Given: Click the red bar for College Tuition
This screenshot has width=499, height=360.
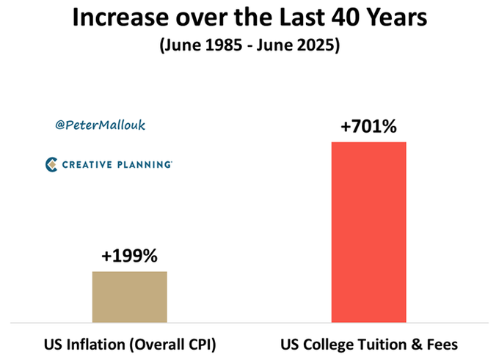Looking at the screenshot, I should [x=368, y=232].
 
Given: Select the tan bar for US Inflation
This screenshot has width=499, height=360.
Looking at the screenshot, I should [x=129, y=296].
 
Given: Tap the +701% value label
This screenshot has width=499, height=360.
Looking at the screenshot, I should [x=368, y=128].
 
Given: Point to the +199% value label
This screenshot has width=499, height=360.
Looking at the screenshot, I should [x=129, y=257].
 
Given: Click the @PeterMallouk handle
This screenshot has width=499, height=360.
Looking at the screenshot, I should [x=100, y=125].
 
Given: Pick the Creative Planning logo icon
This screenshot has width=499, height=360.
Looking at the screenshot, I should [x=51, y=164].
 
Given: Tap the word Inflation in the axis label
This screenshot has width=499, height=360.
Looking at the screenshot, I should [x=93, y=344].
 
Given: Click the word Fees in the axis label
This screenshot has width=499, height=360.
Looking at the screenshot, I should [x=442, y=344].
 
